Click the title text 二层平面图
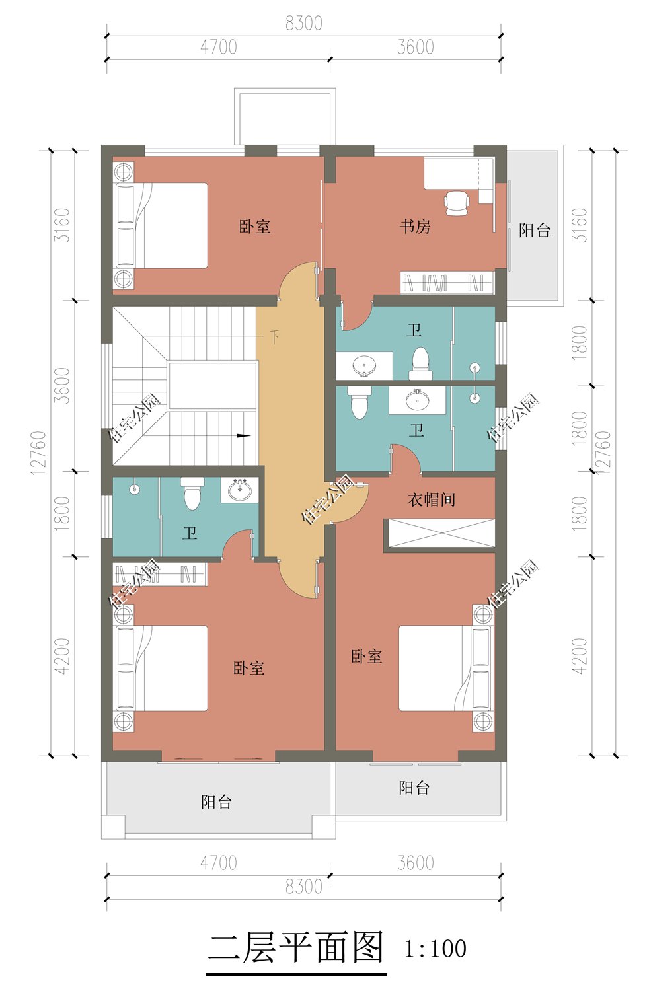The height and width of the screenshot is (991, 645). tap(296, 948)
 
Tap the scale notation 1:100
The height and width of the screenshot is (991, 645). tap(435, 949)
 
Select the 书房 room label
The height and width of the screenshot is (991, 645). tap(415, 227)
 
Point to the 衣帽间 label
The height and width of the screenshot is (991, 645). tap(432, 499)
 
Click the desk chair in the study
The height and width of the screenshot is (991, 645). tap(456, 203)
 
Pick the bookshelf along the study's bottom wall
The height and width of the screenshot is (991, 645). tap(447, 283)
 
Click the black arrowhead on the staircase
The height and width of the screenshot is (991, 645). tap(244, 435)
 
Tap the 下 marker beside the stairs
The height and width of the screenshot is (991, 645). tap(274, 337)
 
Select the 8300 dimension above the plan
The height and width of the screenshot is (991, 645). tap(303, 23)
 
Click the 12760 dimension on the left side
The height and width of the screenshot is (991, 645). tap(39, 453)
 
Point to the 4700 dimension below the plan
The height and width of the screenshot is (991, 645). tap(218, 863)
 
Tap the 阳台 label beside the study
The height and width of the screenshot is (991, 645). tap(534, 230)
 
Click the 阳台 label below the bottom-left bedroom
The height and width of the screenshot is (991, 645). tap(217, 802)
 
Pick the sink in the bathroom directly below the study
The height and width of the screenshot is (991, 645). tap(364, 365)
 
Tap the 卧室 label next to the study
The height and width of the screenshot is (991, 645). tap(254, 227)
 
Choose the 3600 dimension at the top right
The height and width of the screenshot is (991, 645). tap(415, 47)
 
